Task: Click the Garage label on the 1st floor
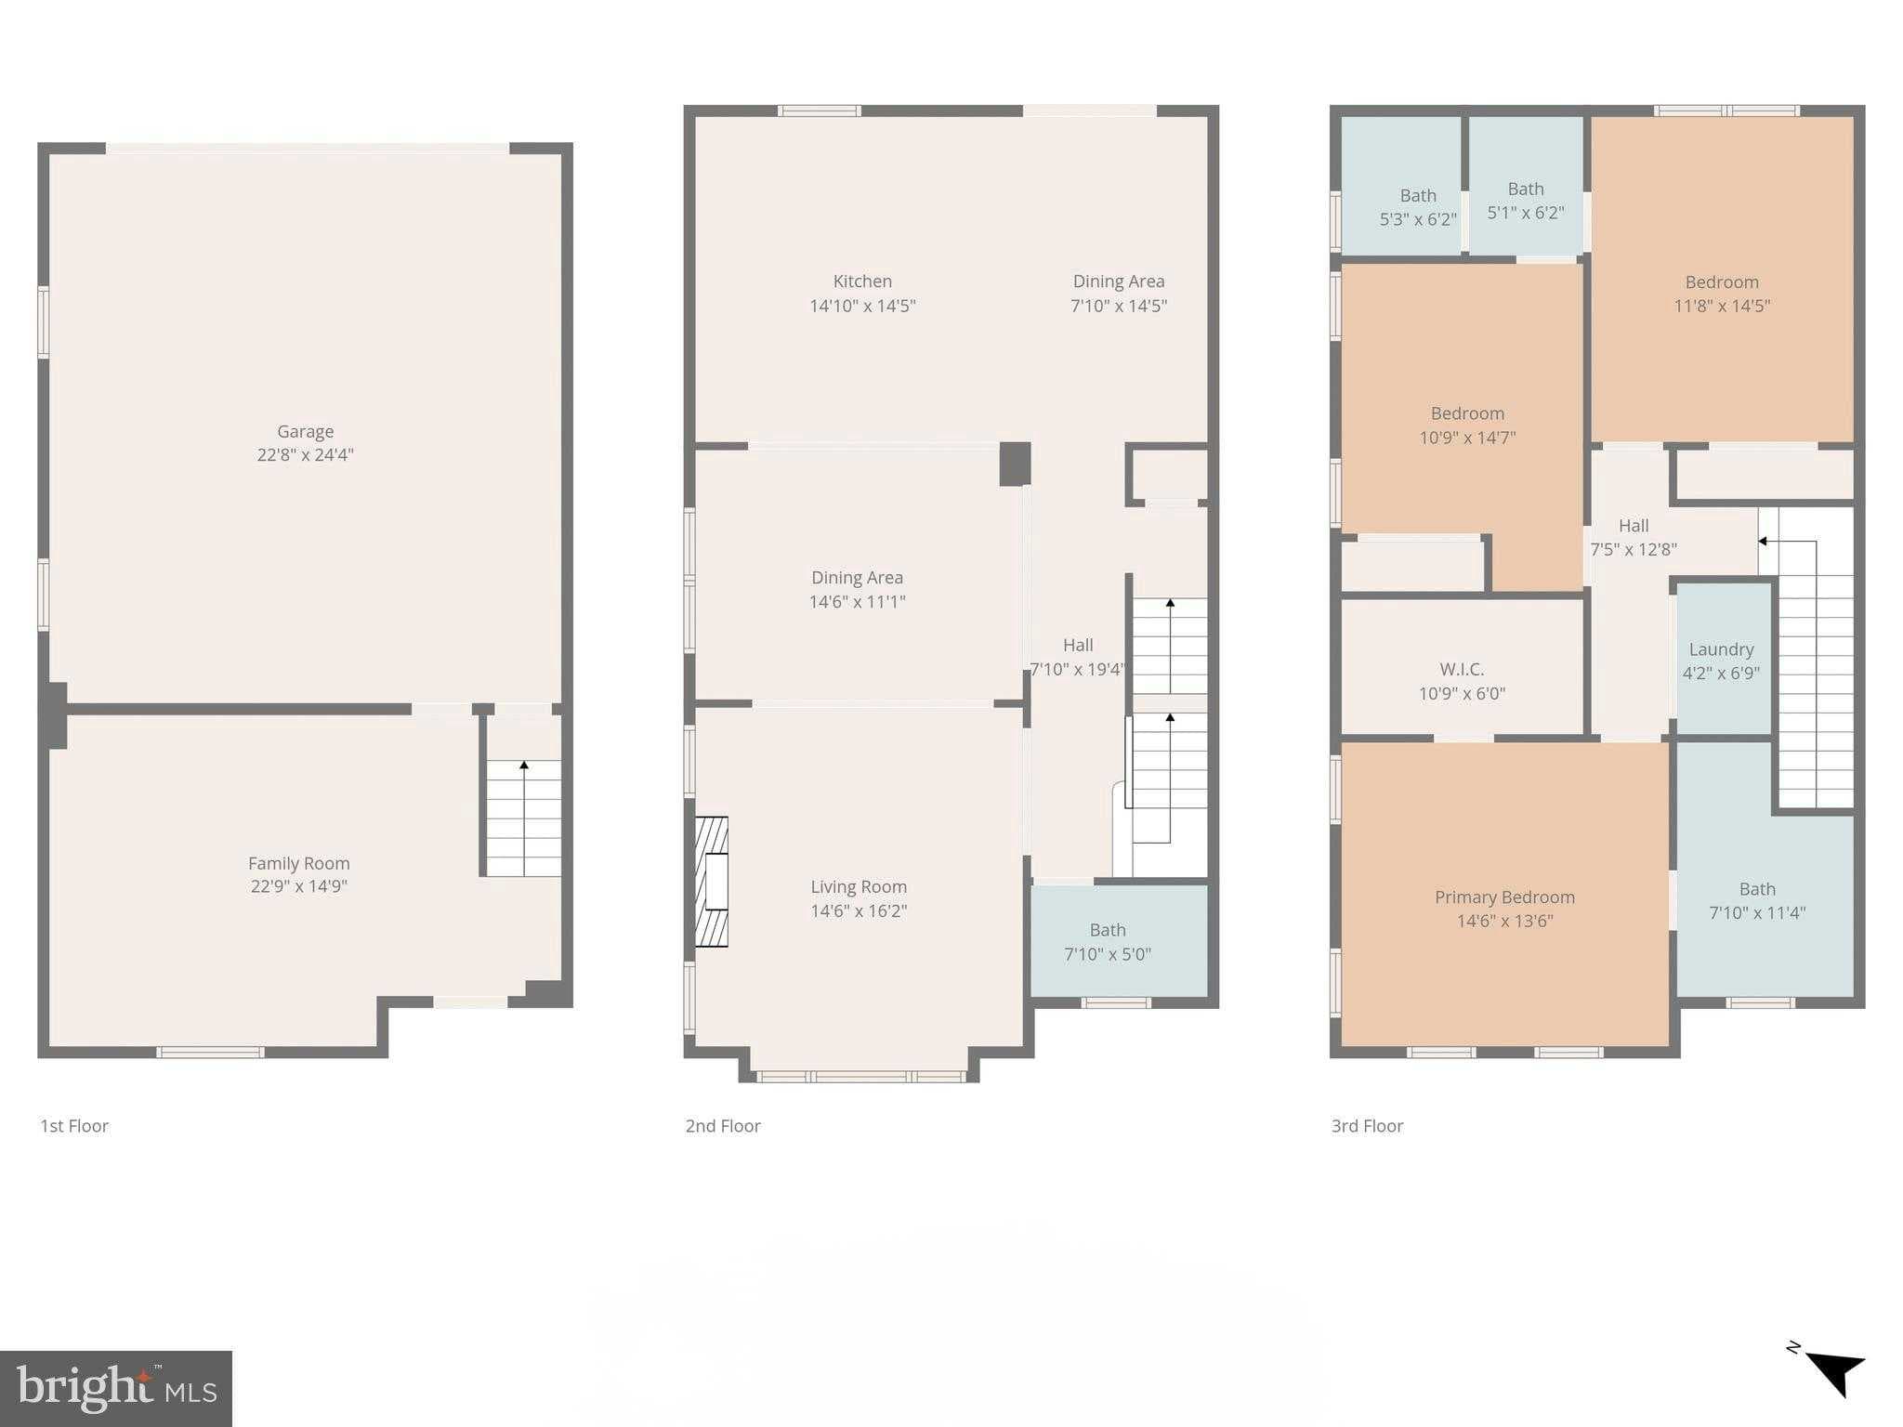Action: (305, 431)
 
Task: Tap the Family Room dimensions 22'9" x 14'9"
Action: (298, 886)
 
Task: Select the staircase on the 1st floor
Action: (523, 818)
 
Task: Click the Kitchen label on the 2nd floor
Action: (862, 281)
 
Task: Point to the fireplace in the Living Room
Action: (713, 881)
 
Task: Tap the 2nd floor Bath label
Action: (1107, 930)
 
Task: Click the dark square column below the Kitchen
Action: (1015, 464)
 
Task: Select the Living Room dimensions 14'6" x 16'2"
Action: (859, 911)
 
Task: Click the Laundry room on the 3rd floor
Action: (1721, 660)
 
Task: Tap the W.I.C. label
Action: (1462, 669)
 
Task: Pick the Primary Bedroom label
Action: (1504, 897)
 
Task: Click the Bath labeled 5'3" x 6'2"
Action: (1418, 207)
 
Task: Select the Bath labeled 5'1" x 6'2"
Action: (1526, 201)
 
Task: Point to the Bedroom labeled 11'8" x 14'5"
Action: (1722, 294)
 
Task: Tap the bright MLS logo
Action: (116, 1389)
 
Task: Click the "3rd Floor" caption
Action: (1367, 1126)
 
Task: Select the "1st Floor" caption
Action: (74, 1126)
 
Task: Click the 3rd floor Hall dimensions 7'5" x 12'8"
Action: (1633, 550)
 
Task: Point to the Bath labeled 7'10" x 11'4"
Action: (1757, 901)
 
